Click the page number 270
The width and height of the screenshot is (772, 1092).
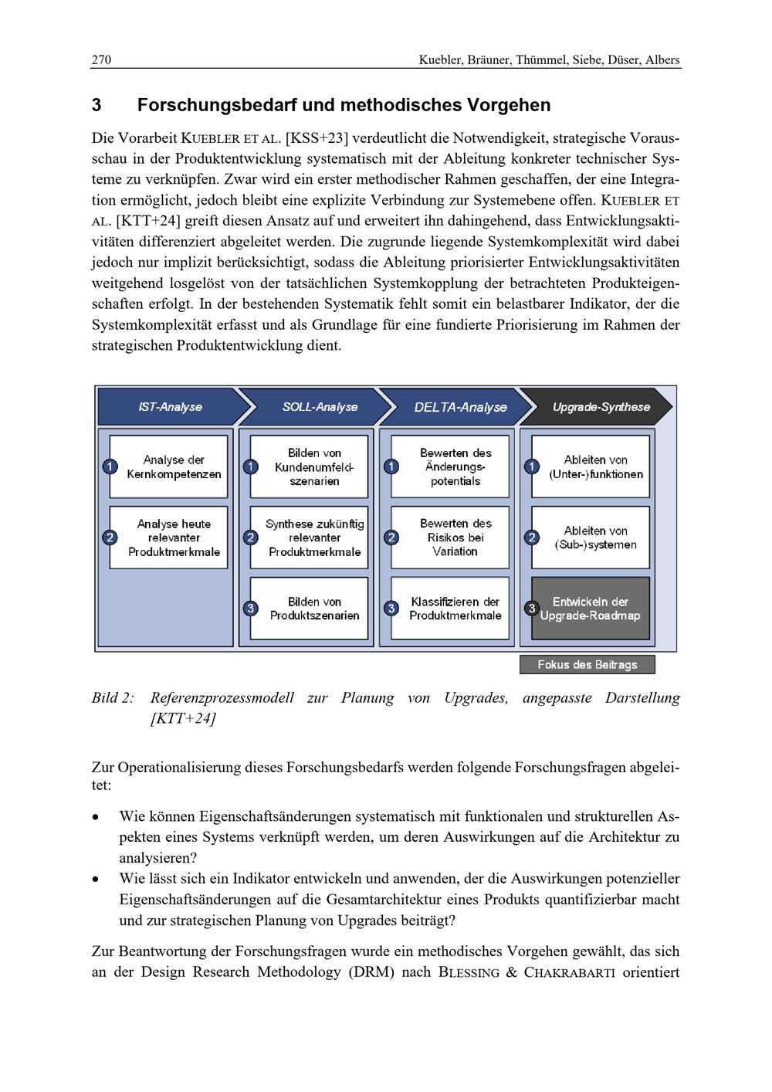point(101,60)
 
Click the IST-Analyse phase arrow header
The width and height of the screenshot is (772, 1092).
point(170,407)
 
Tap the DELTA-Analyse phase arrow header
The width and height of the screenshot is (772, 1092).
point(460,407)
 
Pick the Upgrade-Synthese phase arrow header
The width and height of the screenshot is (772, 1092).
point(601,407)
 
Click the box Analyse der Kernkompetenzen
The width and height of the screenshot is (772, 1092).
point(169,466)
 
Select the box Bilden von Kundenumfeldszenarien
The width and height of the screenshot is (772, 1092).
point(310,466)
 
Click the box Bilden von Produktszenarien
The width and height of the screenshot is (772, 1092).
point(310,609)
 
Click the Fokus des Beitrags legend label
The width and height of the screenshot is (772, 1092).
point(587,664)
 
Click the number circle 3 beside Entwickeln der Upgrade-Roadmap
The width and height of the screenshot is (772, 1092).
point(532,609)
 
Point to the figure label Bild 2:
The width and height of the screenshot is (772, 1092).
point(113,698)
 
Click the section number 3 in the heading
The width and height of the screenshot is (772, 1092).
point(97,105)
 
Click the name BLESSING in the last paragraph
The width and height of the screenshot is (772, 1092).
point(469,972)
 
